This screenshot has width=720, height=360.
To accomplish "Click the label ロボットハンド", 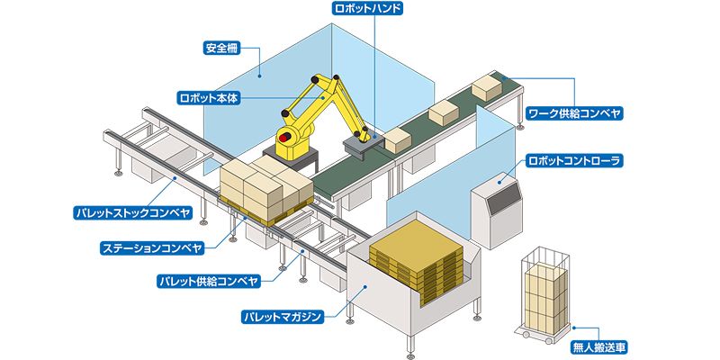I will pyautogui.click(x=367, y=9).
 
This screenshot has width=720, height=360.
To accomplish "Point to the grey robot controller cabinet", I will pyautogui.click(x=496, y=209).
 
